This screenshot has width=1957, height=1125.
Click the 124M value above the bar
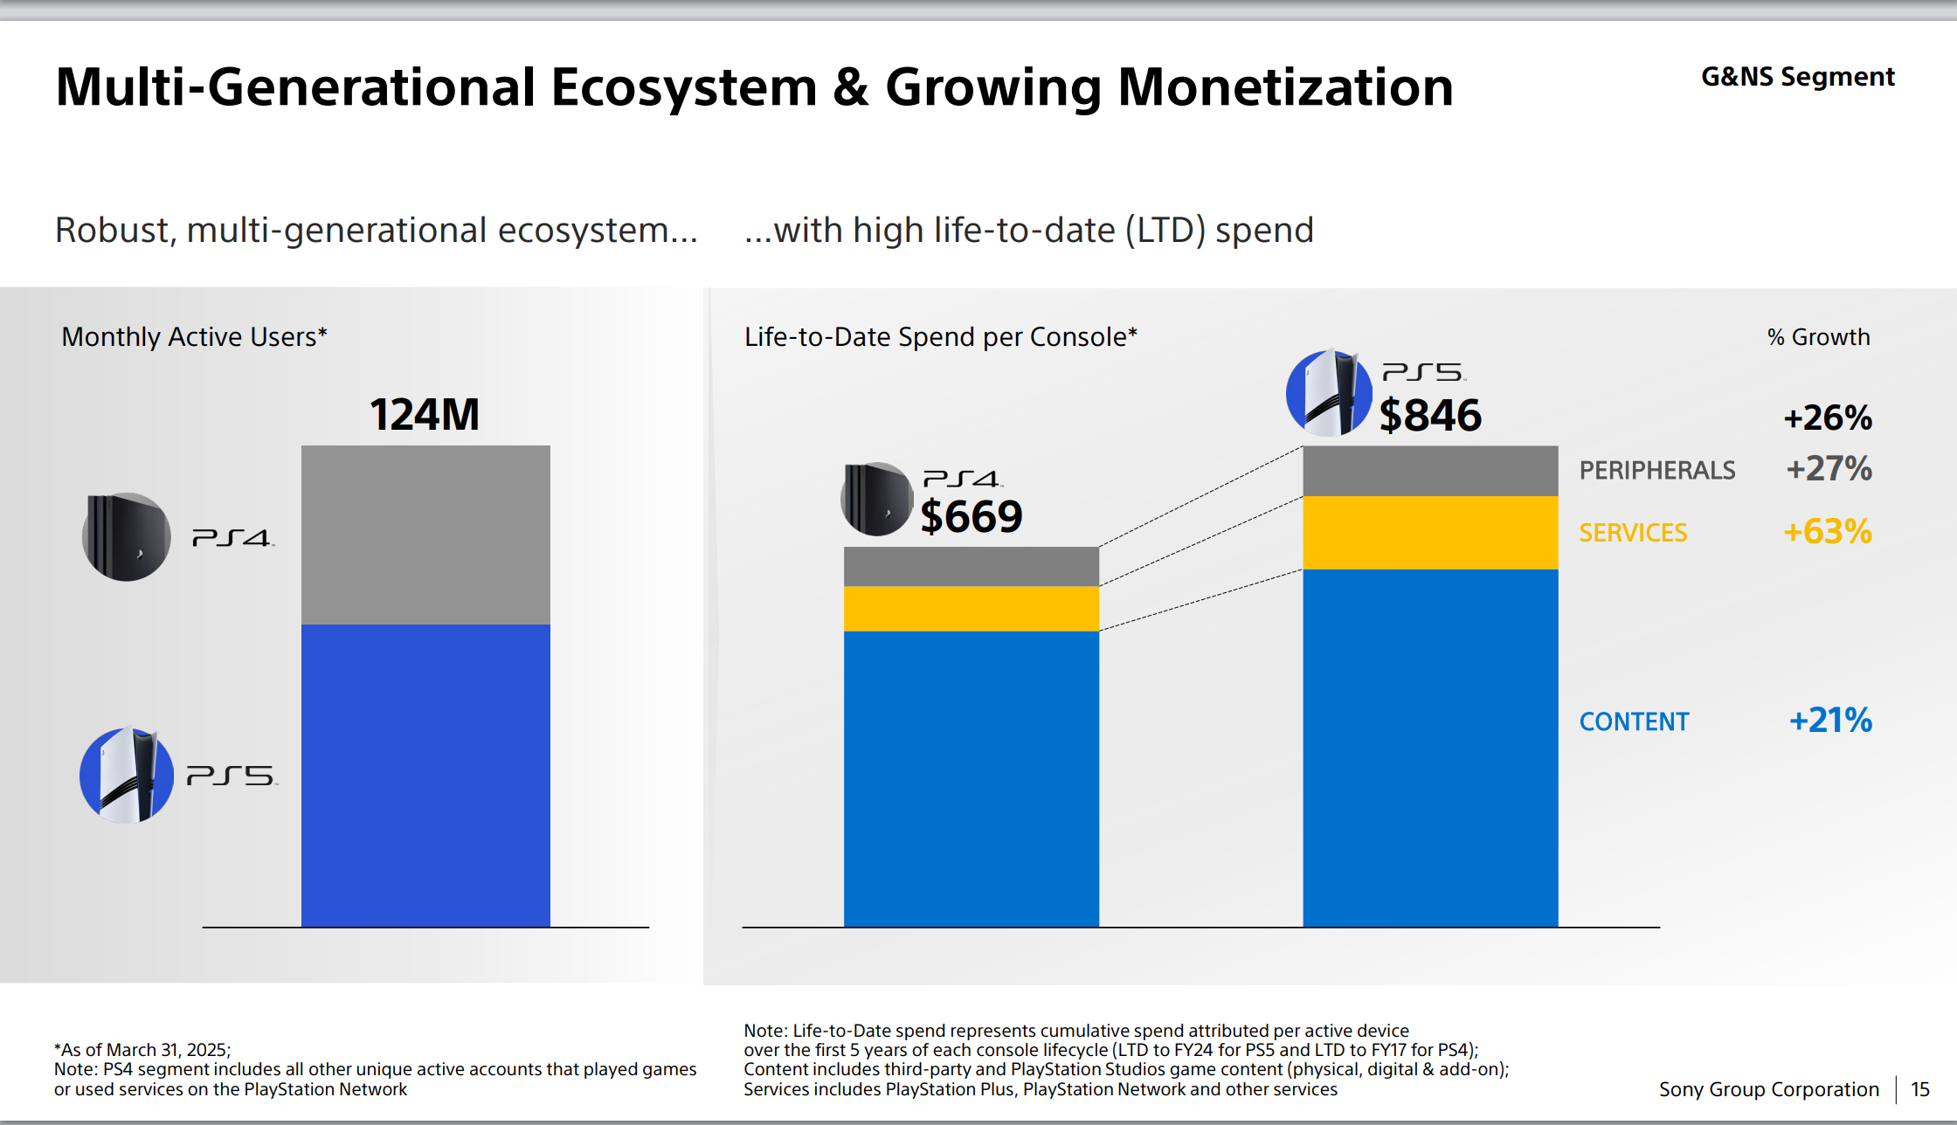tap(425, 414)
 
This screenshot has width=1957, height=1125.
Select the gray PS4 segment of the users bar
tap(425, 535)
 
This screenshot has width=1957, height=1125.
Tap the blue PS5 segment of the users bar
tap(425, 775)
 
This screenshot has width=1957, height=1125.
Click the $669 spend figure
tap(971, 516)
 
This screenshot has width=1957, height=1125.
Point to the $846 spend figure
tap(1430, 415)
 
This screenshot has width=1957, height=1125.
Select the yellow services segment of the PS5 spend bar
tap(1430, 533)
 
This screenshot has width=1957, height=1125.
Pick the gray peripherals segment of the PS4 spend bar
tap(971, 566)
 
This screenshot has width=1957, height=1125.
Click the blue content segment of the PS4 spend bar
tap(971, 778)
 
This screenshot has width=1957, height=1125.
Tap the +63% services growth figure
tap(1827, 532)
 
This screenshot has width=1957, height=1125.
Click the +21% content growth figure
tap(1830, 721)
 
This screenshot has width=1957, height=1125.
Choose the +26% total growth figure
tap(1828, 418)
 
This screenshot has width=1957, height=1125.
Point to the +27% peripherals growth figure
tap(1829, 469)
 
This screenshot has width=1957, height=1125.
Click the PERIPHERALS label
tap(1656, 471)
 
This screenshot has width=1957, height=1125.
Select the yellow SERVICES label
tap(1633, 533)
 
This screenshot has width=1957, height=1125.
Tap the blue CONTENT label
tap(1634, 721)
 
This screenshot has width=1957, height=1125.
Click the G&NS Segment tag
tap(1797, 77)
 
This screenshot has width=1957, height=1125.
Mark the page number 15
tap(1919, 1089)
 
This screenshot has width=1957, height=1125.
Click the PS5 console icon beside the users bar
tap(127, 775)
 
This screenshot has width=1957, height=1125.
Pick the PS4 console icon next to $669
tap(877, 499)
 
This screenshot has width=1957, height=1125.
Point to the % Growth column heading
tap(1818, 337)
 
